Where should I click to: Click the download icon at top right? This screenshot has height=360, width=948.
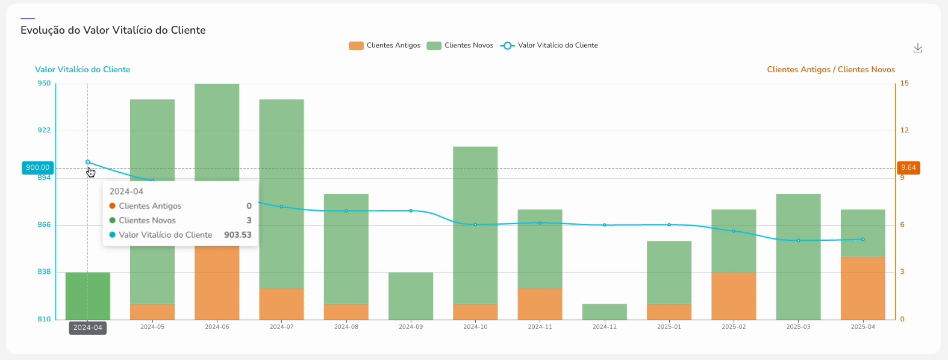click(917, 48)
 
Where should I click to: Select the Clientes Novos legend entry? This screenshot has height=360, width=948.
click(460, 46)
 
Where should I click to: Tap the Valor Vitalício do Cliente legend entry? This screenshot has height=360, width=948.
click(549, 46)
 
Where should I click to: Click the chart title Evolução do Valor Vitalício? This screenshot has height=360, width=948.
click(113, 30)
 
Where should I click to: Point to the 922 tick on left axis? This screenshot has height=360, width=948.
click(44, 130)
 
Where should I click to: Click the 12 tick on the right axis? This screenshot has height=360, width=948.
click(904, 130)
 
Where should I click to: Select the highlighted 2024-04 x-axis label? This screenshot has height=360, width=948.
click(88, 328)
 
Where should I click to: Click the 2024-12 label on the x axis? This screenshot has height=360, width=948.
click(605, 327)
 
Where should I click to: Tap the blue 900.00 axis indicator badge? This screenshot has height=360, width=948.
click(37, 167)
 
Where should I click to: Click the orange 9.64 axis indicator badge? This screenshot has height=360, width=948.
click(908, 167)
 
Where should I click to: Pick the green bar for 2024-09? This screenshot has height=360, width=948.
click(411, 296)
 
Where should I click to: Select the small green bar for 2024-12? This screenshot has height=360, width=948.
click(605, 312)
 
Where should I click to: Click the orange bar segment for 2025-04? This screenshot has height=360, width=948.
click(862, 288)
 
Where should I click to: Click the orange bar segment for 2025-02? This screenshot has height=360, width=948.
click(734, 296)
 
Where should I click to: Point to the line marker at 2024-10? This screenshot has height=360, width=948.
click(475, 225)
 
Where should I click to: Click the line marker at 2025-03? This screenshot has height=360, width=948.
click(799, 240)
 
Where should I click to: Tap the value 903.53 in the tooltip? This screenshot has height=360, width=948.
click(237, 235)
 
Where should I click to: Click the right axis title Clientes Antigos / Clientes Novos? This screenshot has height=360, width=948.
click(831, 70)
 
